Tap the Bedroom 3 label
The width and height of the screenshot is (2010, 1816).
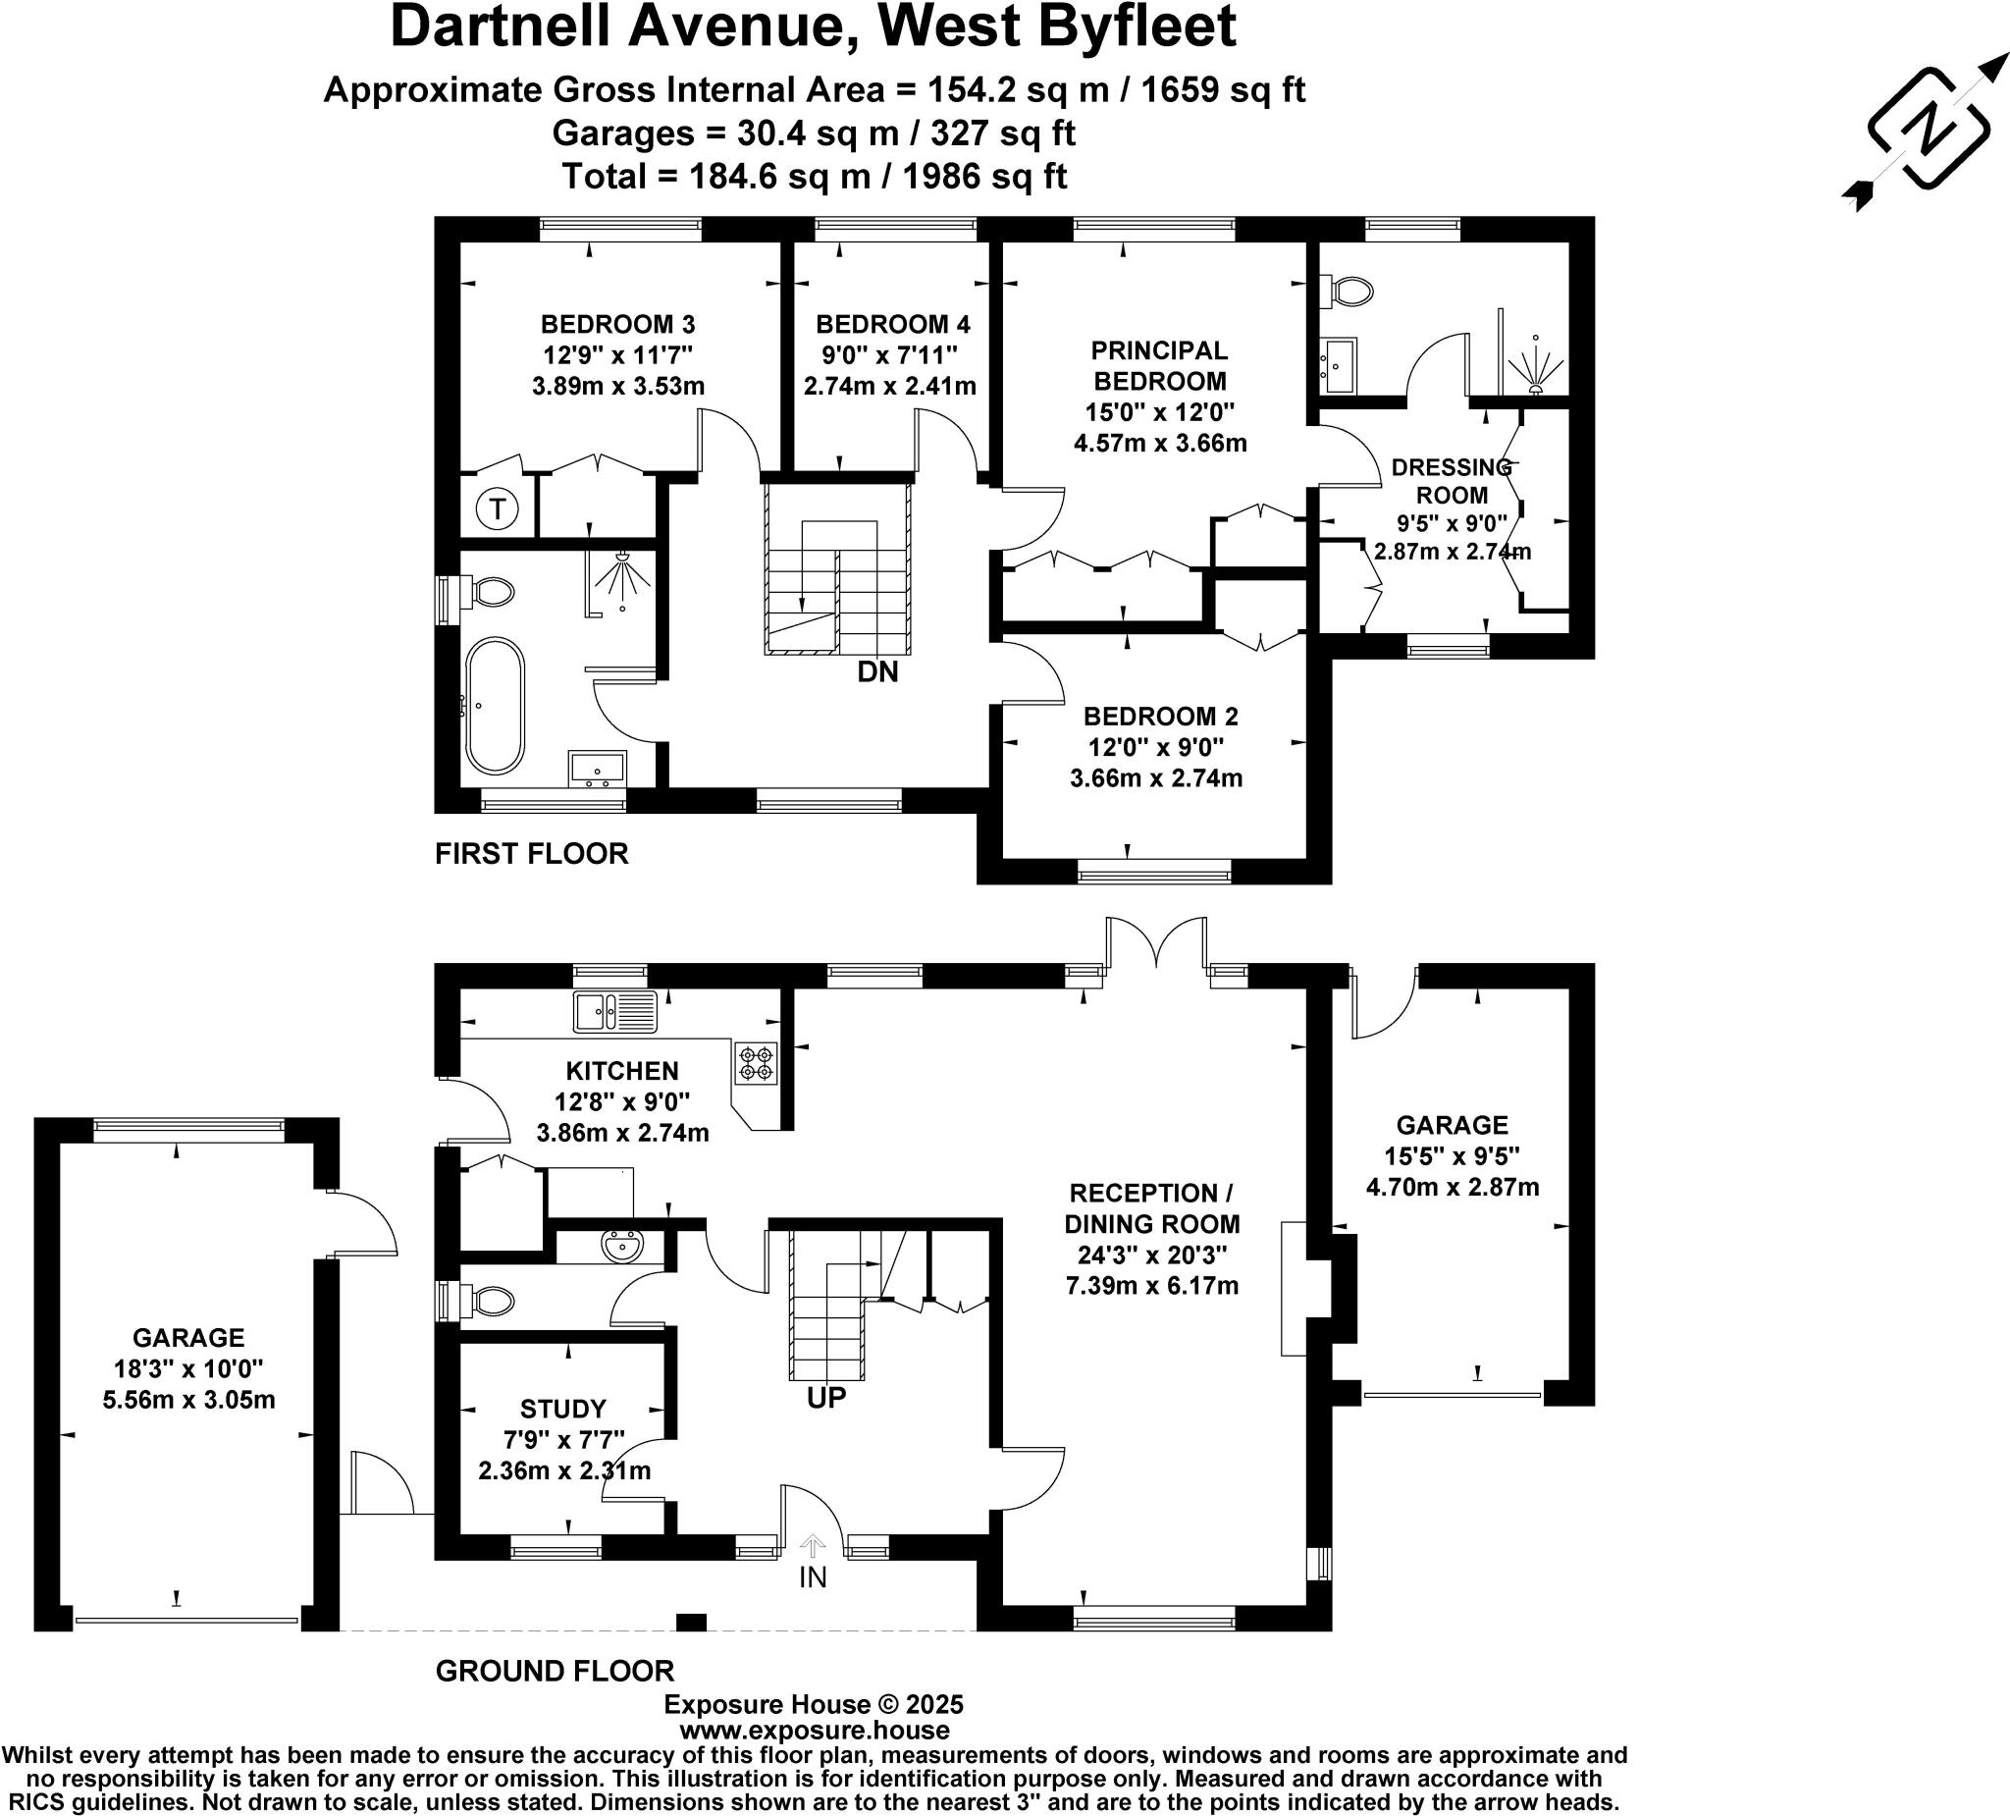point(617,324)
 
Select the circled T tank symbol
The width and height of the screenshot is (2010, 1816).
point(497,510)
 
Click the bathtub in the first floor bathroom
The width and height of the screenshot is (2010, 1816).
point(495,706)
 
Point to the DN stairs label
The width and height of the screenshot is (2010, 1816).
point(877,672)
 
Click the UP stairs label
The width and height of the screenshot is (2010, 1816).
point(825,1398)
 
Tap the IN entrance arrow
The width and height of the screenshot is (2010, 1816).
point(813,1547)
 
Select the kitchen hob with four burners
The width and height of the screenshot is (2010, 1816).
point(756,1063)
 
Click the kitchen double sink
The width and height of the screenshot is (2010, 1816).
point(615,1011)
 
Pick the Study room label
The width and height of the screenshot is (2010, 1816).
point(563,1408)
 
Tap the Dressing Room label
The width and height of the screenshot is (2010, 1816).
point(1452,481)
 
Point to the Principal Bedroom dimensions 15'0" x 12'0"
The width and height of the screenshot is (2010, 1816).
point(1159,412)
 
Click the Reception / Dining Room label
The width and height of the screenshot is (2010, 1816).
point(1151,1207)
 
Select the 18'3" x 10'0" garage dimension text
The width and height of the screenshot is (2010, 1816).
point(188,1368)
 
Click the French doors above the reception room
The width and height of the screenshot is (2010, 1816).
point(1156,943)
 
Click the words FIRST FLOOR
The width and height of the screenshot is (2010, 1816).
point(531,854)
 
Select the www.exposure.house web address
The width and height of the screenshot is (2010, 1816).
point(814,1731)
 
